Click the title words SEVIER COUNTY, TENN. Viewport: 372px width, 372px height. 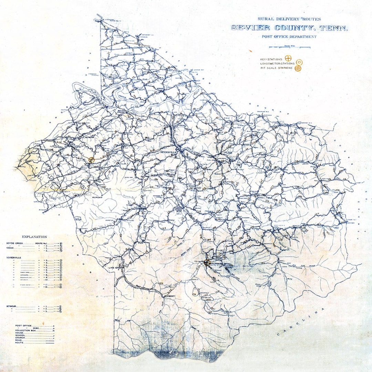point(289,28)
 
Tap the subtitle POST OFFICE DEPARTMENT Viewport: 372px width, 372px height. point(289,37)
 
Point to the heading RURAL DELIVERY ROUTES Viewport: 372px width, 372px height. point(289,19)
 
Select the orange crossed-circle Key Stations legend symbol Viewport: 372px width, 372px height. point(289,59)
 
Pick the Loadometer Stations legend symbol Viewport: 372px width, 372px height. point(299,63)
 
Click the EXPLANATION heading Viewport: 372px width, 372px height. point(34,237)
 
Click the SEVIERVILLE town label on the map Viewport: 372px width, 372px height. point(166,152)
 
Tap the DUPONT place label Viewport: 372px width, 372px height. point(98,197)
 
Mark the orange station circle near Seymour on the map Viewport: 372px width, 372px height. point(91,160)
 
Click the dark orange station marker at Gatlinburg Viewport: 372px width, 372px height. point(207,262)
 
